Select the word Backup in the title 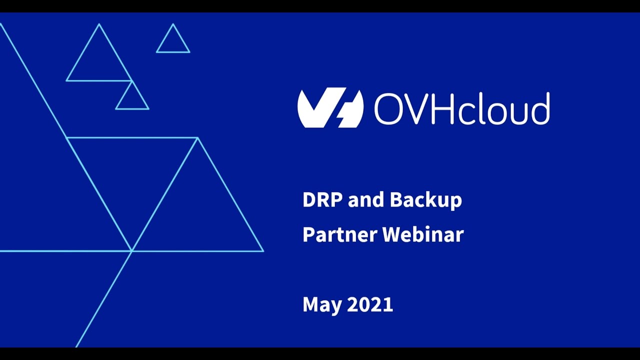[425, 200]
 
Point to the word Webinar [423, 234]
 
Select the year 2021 [370, 304]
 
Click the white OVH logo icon [330, 107]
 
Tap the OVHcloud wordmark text [461, 108]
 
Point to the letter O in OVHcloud [387, 108]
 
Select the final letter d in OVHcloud [541, 108]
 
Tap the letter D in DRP [309, 200]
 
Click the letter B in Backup [396, 200]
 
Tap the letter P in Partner [308, 234]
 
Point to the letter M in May [311, 304]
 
